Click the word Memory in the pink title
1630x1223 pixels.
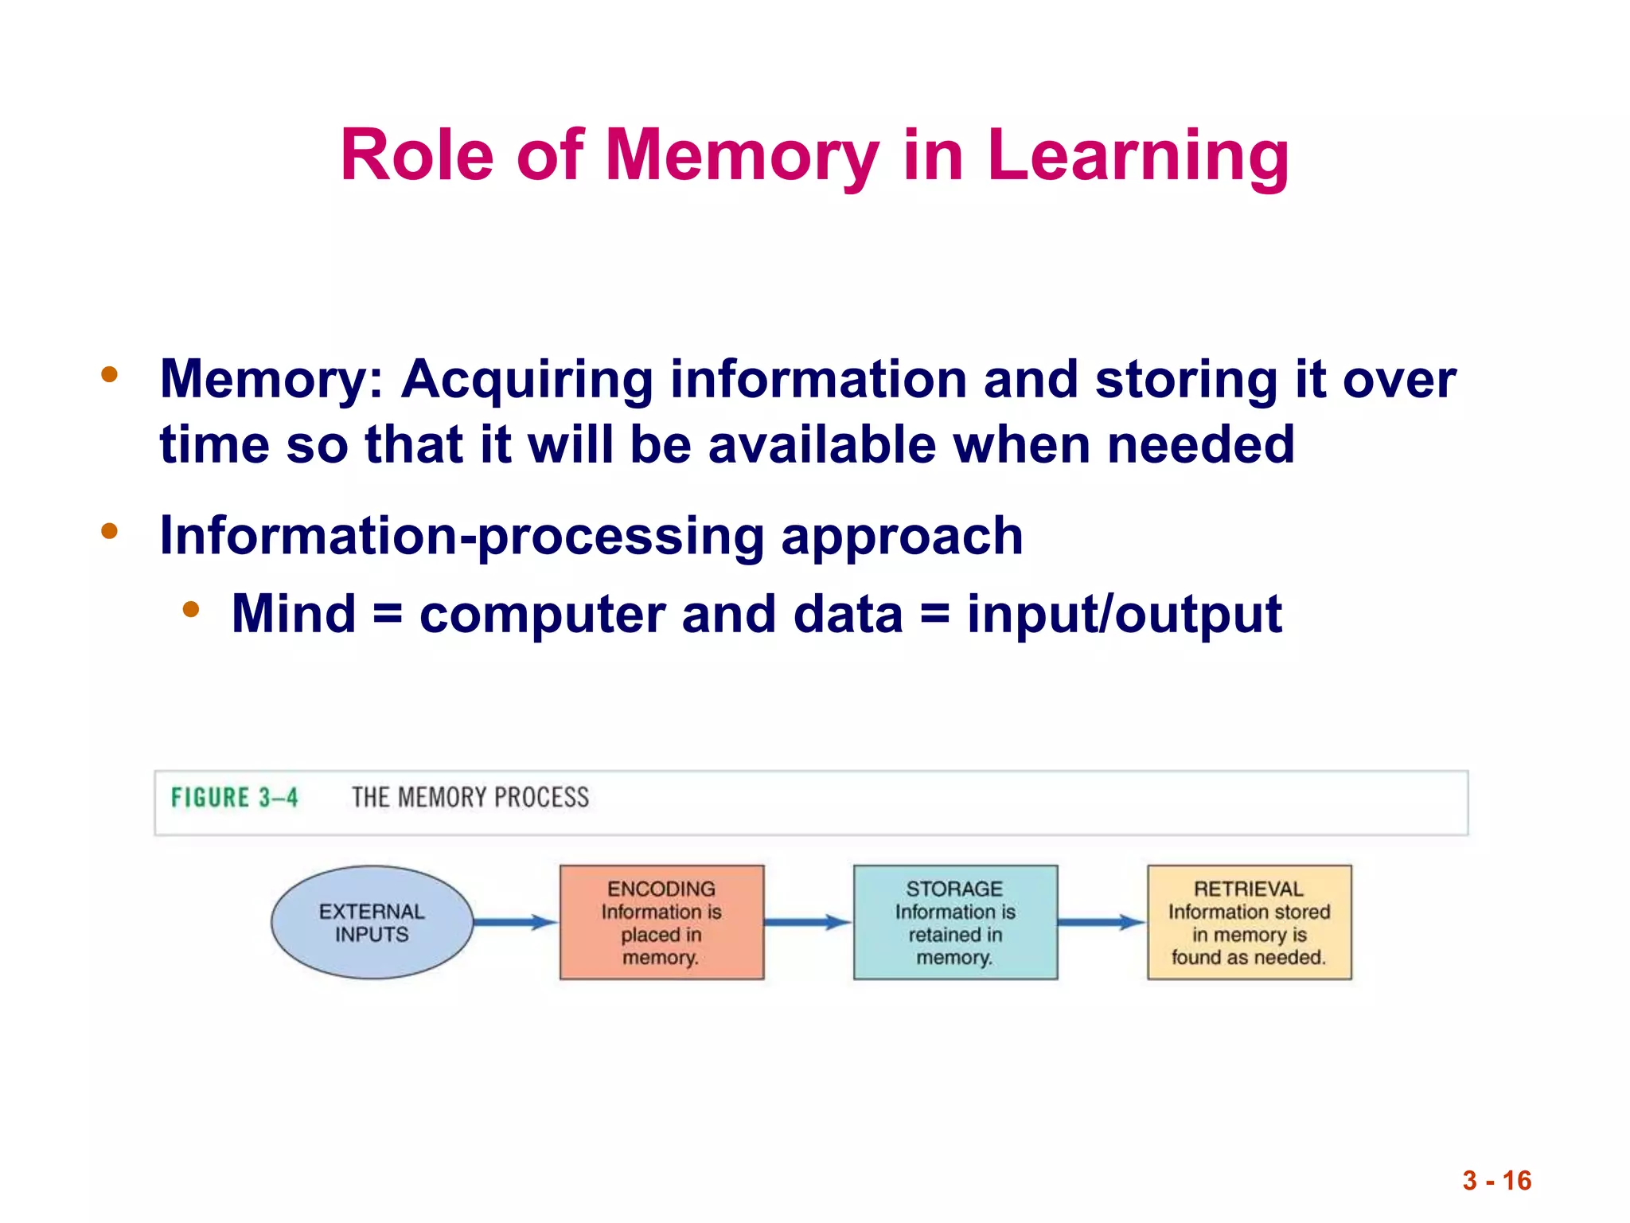(742, 155)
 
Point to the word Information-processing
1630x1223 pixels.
(462, 536)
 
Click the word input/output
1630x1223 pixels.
(1124, 614)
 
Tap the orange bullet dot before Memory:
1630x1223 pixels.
(110, 374)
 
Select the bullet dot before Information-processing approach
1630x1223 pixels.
(110, 531)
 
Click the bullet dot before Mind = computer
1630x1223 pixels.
(190, 610)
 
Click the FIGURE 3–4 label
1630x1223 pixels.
(235, 798)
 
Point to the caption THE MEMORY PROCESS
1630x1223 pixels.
(470, 798)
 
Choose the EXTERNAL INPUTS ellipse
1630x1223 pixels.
(372, 923)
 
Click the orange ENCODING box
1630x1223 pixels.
(661, 923)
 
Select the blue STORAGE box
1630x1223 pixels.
(955, 923)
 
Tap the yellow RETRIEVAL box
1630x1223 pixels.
(1249, 923)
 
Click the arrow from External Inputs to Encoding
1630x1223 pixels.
(516, 923)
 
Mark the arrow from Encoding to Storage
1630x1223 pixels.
(808, 923)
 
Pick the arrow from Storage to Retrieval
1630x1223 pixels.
(1102, 923)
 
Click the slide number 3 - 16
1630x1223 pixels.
(1496, 1181)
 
